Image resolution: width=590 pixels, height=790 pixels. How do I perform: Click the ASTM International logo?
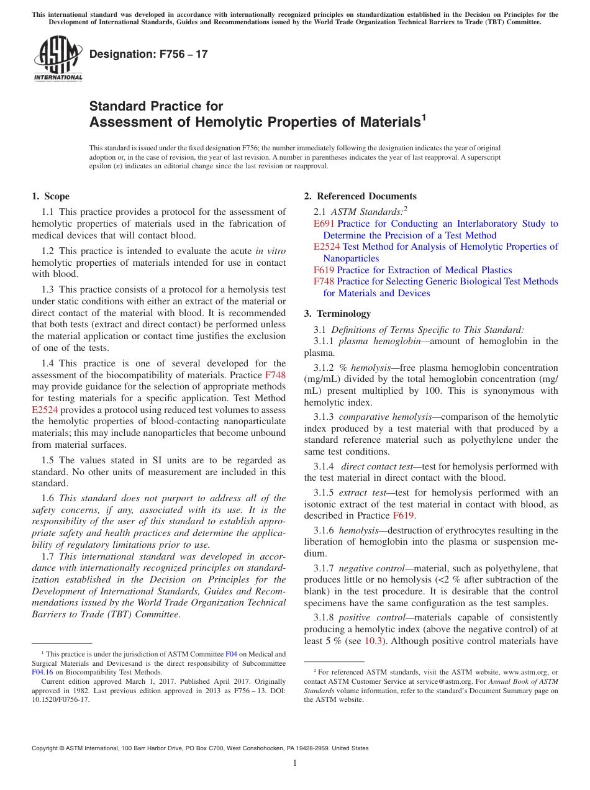[57, 58]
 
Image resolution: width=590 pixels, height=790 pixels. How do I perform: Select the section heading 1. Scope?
[50, 196]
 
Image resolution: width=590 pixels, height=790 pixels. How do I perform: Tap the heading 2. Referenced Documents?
[360, 196]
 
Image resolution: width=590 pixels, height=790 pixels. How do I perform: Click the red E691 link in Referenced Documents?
[324, 224]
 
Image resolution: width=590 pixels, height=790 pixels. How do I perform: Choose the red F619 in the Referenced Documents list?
[324, 270]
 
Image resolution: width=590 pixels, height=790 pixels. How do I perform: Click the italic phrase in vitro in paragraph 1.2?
[271, 251]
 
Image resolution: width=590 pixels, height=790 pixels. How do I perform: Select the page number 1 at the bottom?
[295, 763]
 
